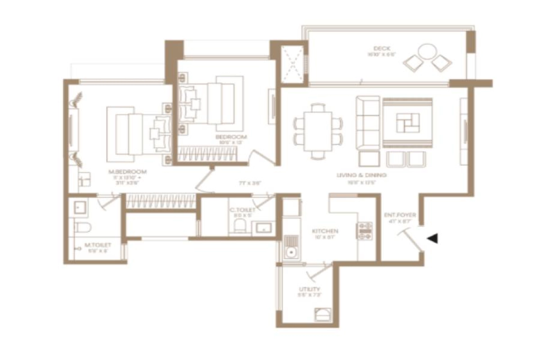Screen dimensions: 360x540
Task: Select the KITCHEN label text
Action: [x=325, y=231]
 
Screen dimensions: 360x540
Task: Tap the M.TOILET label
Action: [x=98, y=245]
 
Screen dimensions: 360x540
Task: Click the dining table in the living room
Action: [x=319, y=130]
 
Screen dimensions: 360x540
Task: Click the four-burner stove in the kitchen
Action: [x=364, y=231]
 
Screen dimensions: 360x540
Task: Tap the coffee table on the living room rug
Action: [x=408, y=122]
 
